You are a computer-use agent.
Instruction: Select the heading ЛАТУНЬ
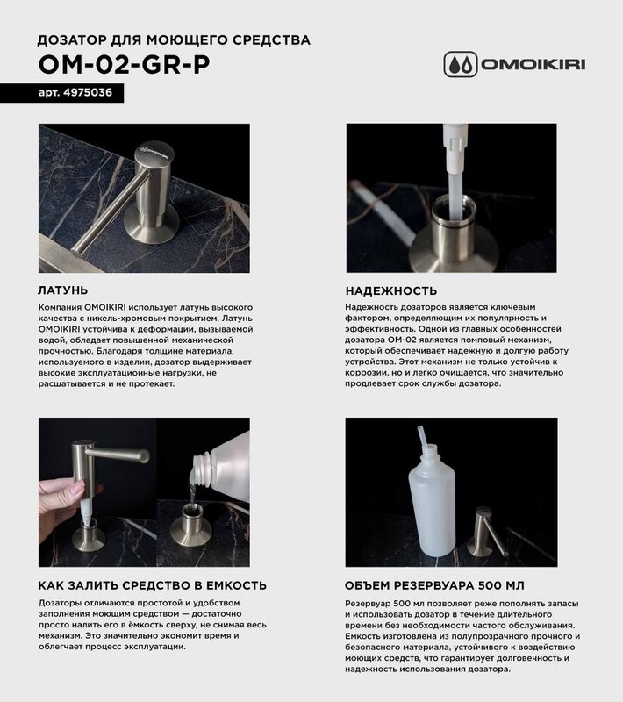(x=63, y=290)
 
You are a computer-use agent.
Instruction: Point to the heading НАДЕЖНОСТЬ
(x=391, y=290)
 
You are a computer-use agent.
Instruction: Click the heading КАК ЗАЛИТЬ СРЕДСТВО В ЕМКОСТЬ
(x=153, y=585)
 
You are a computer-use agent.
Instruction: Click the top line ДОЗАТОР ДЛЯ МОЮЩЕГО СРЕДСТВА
(x=174, y=39)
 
